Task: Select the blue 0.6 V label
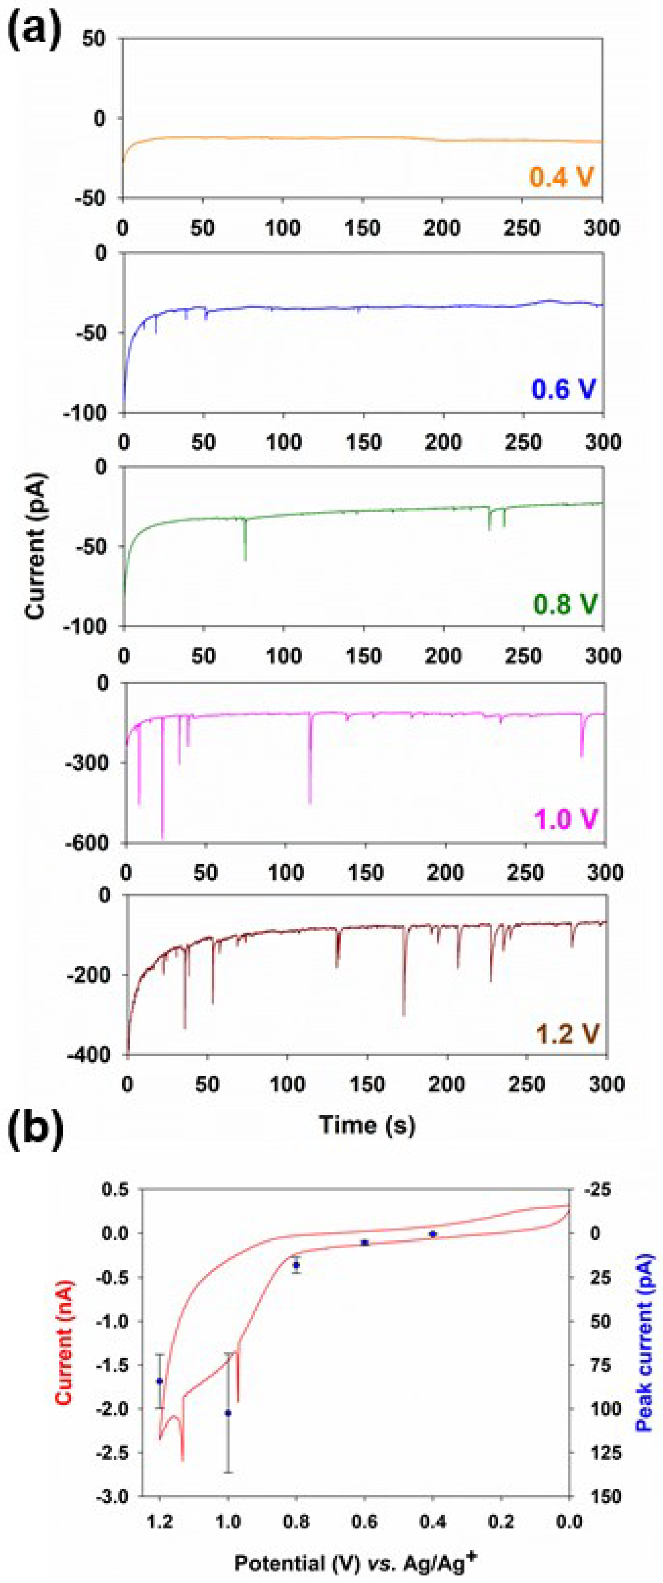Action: (563, 389)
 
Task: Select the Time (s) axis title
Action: (367, 1124)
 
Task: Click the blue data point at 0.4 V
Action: (433, 1234)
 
